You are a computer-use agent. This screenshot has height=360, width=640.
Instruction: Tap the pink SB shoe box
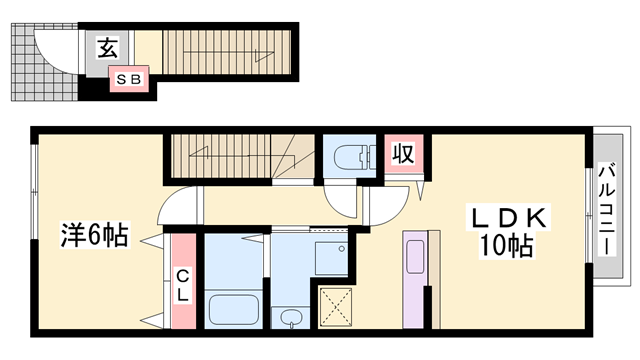point(131,77)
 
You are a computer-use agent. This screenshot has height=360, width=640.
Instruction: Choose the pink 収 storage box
point(402,155)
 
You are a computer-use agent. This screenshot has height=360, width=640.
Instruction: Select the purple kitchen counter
point(418,279)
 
